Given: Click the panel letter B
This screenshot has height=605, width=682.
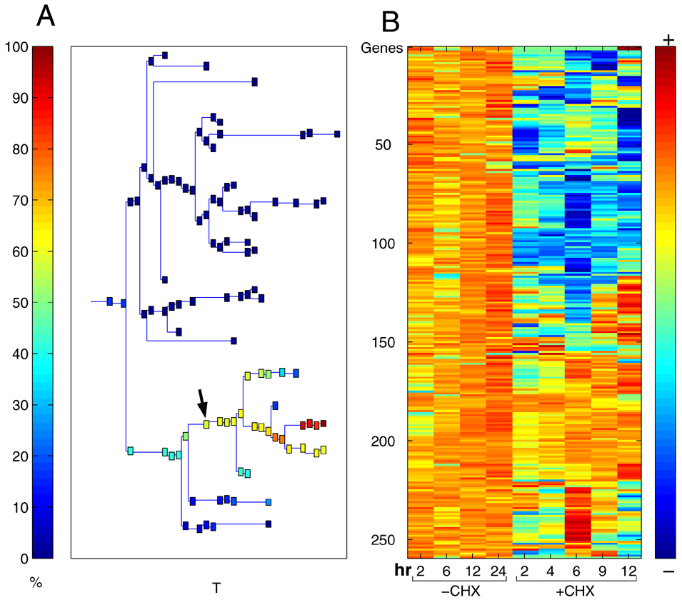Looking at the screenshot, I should coord(391,22).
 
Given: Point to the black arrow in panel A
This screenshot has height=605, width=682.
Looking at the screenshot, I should coord(203,403).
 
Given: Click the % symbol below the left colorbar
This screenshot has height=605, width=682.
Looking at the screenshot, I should coord(34,584).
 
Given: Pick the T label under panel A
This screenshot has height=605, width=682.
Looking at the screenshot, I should coord(216,588).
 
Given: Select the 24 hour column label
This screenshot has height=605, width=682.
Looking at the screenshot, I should coord(498,570).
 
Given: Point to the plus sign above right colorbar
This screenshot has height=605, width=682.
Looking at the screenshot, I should coord(668,40).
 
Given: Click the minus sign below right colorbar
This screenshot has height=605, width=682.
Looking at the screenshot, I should coord(668,571).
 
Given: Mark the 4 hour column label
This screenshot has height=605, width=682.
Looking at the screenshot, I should coord(551,570).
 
